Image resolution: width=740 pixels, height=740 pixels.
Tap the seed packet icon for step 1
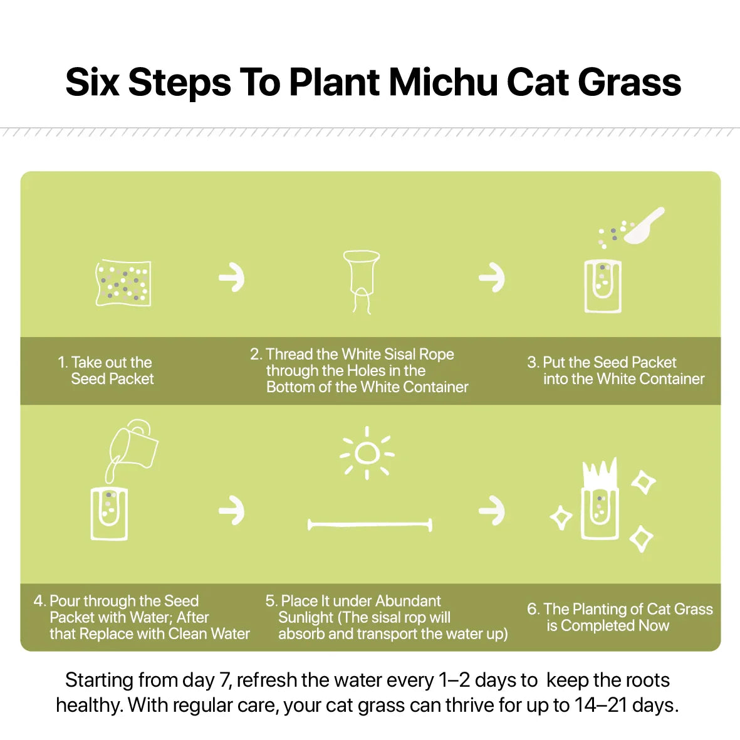click(123, 283)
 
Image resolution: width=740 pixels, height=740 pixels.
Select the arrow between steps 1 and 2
click(232, 278)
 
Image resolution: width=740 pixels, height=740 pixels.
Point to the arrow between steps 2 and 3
click(492, 278)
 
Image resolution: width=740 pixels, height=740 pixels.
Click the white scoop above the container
click(644, 227)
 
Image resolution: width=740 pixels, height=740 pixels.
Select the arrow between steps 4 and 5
click(232, 511)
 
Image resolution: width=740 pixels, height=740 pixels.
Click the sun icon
click(367, 454)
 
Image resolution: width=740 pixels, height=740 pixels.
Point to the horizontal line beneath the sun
click(370, 524)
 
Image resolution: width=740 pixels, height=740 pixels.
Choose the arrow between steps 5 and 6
click(492, 511)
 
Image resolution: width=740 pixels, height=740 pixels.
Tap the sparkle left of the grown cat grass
click(561, 518)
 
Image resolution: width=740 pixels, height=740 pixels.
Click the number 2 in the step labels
click(255, 354)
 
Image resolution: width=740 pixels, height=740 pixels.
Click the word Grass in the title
click(629, 83)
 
